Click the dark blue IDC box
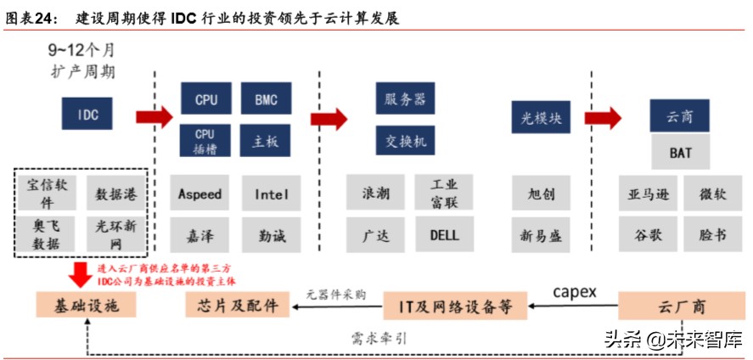click(x=88, y=112)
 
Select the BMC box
click(x=266, y=99)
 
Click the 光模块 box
click(x=541, y=119)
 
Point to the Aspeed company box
click(x=199, y=194)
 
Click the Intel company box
click(x=272, y=194)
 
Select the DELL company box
click(x=444, y=234)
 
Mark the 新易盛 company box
click(x=541, y=234)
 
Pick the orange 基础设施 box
click(x=76, y=304)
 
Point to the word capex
click(x=576, y=292)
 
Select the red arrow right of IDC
click(x=155, y=115)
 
